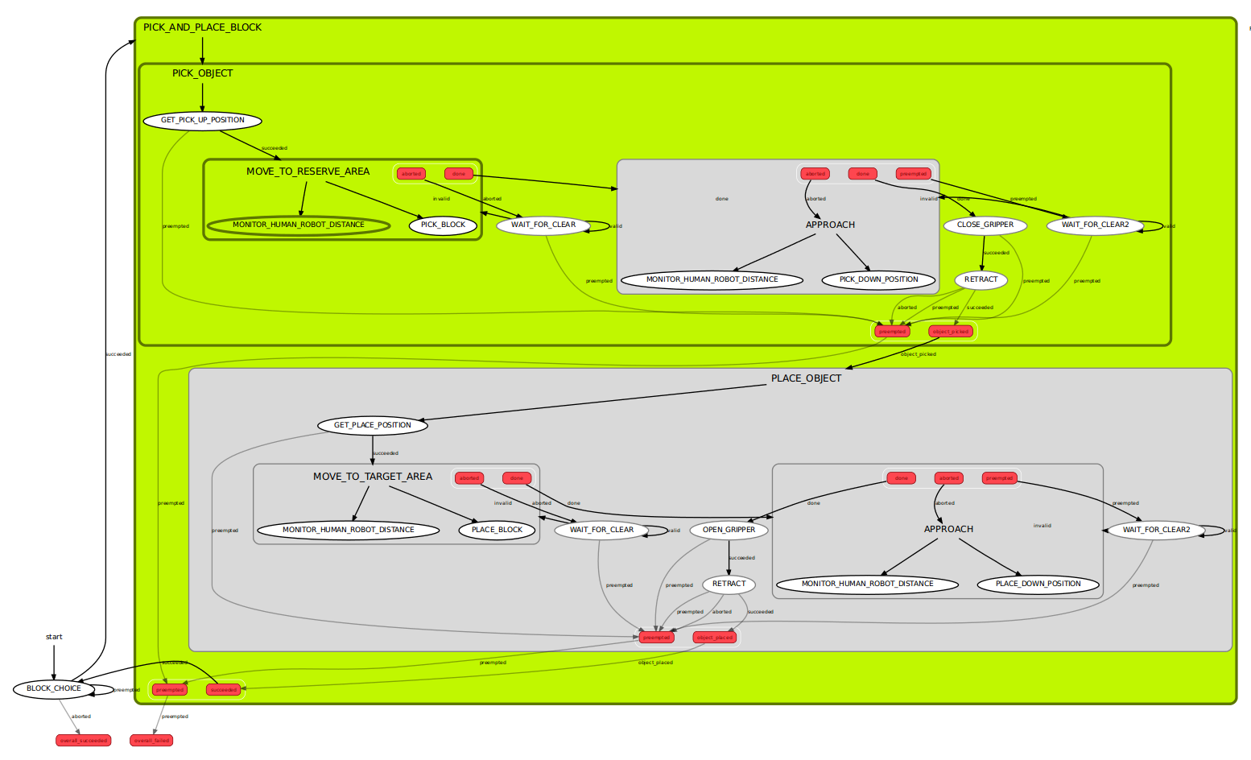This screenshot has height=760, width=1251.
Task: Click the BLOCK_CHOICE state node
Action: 54,689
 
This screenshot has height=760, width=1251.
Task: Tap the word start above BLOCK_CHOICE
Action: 54,637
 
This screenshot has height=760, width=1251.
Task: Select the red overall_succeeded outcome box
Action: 83,740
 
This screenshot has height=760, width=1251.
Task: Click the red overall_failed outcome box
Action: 151,740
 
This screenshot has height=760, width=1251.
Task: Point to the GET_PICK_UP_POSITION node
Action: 203,121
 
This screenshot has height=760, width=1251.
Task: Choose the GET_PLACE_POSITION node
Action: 372,425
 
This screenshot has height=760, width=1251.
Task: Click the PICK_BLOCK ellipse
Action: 443,225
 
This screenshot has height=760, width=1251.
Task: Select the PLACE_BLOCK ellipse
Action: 497,530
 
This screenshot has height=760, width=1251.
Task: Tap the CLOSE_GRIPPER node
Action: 985,225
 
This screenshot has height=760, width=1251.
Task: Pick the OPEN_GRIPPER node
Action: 729,530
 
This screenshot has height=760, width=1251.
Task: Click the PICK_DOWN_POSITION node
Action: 878,280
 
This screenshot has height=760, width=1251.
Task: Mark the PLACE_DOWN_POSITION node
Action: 1038,584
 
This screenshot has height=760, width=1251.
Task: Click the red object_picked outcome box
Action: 951,331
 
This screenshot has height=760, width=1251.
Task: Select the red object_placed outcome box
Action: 714,638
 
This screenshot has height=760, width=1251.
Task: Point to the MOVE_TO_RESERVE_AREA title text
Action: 308,171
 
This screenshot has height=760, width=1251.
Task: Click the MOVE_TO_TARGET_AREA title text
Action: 372,477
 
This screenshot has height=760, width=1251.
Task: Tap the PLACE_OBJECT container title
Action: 806,378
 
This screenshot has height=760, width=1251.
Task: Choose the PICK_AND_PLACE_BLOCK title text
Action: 202,27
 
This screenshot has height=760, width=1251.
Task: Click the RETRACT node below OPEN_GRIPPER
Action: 729,584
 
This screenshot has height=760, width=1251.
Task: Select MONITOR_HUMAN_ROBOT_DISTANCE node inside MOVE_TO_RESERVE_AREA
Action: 298,225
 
